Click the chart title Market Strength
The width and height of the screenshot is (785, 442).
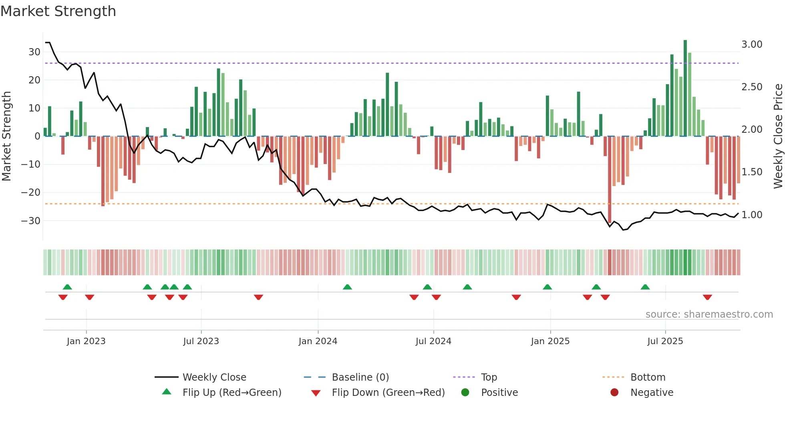click(58, 11)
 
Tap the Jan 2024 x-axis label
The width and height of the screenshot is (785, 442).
click(318, 341)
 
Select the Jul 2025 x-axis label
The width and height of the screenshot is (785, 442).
click(665, 341)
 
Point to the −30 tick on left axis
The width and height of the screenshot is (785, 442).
click(31, 221)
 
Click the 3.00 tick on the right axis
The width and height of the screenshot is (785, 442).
click(752, 45)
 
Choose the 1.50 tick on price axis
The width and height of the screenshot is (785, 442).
click(752, 172)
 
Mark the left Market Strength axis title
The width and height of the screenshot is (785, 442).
click(6, 136)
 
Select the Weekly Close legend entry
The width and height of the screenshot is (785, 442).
click(214, 377)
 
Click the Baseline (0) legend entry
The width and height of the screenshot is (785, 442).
click(360, 377)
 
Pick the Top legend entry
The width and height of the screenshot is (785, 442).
click(489, 377)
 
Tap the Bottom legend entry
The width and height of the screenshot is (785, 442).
click(648, 377)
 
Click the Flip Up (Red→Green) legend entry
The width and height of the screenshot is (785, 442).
click(232, 393)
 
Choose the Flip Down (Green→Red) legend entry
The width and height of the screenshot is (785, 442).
click(388, 393)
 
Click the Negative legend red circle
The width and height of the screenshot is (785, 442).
click(614, 393)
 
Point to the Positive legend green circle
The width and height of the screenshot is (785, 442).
click(465, 393)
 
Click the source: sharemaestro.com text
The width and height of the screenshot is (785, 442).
click(709, 314)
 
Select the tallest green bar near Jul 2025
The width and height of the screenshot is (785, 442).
click(685, 88)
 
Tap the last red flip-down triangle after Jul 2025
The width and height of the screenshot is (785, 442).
click(707, 297)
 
